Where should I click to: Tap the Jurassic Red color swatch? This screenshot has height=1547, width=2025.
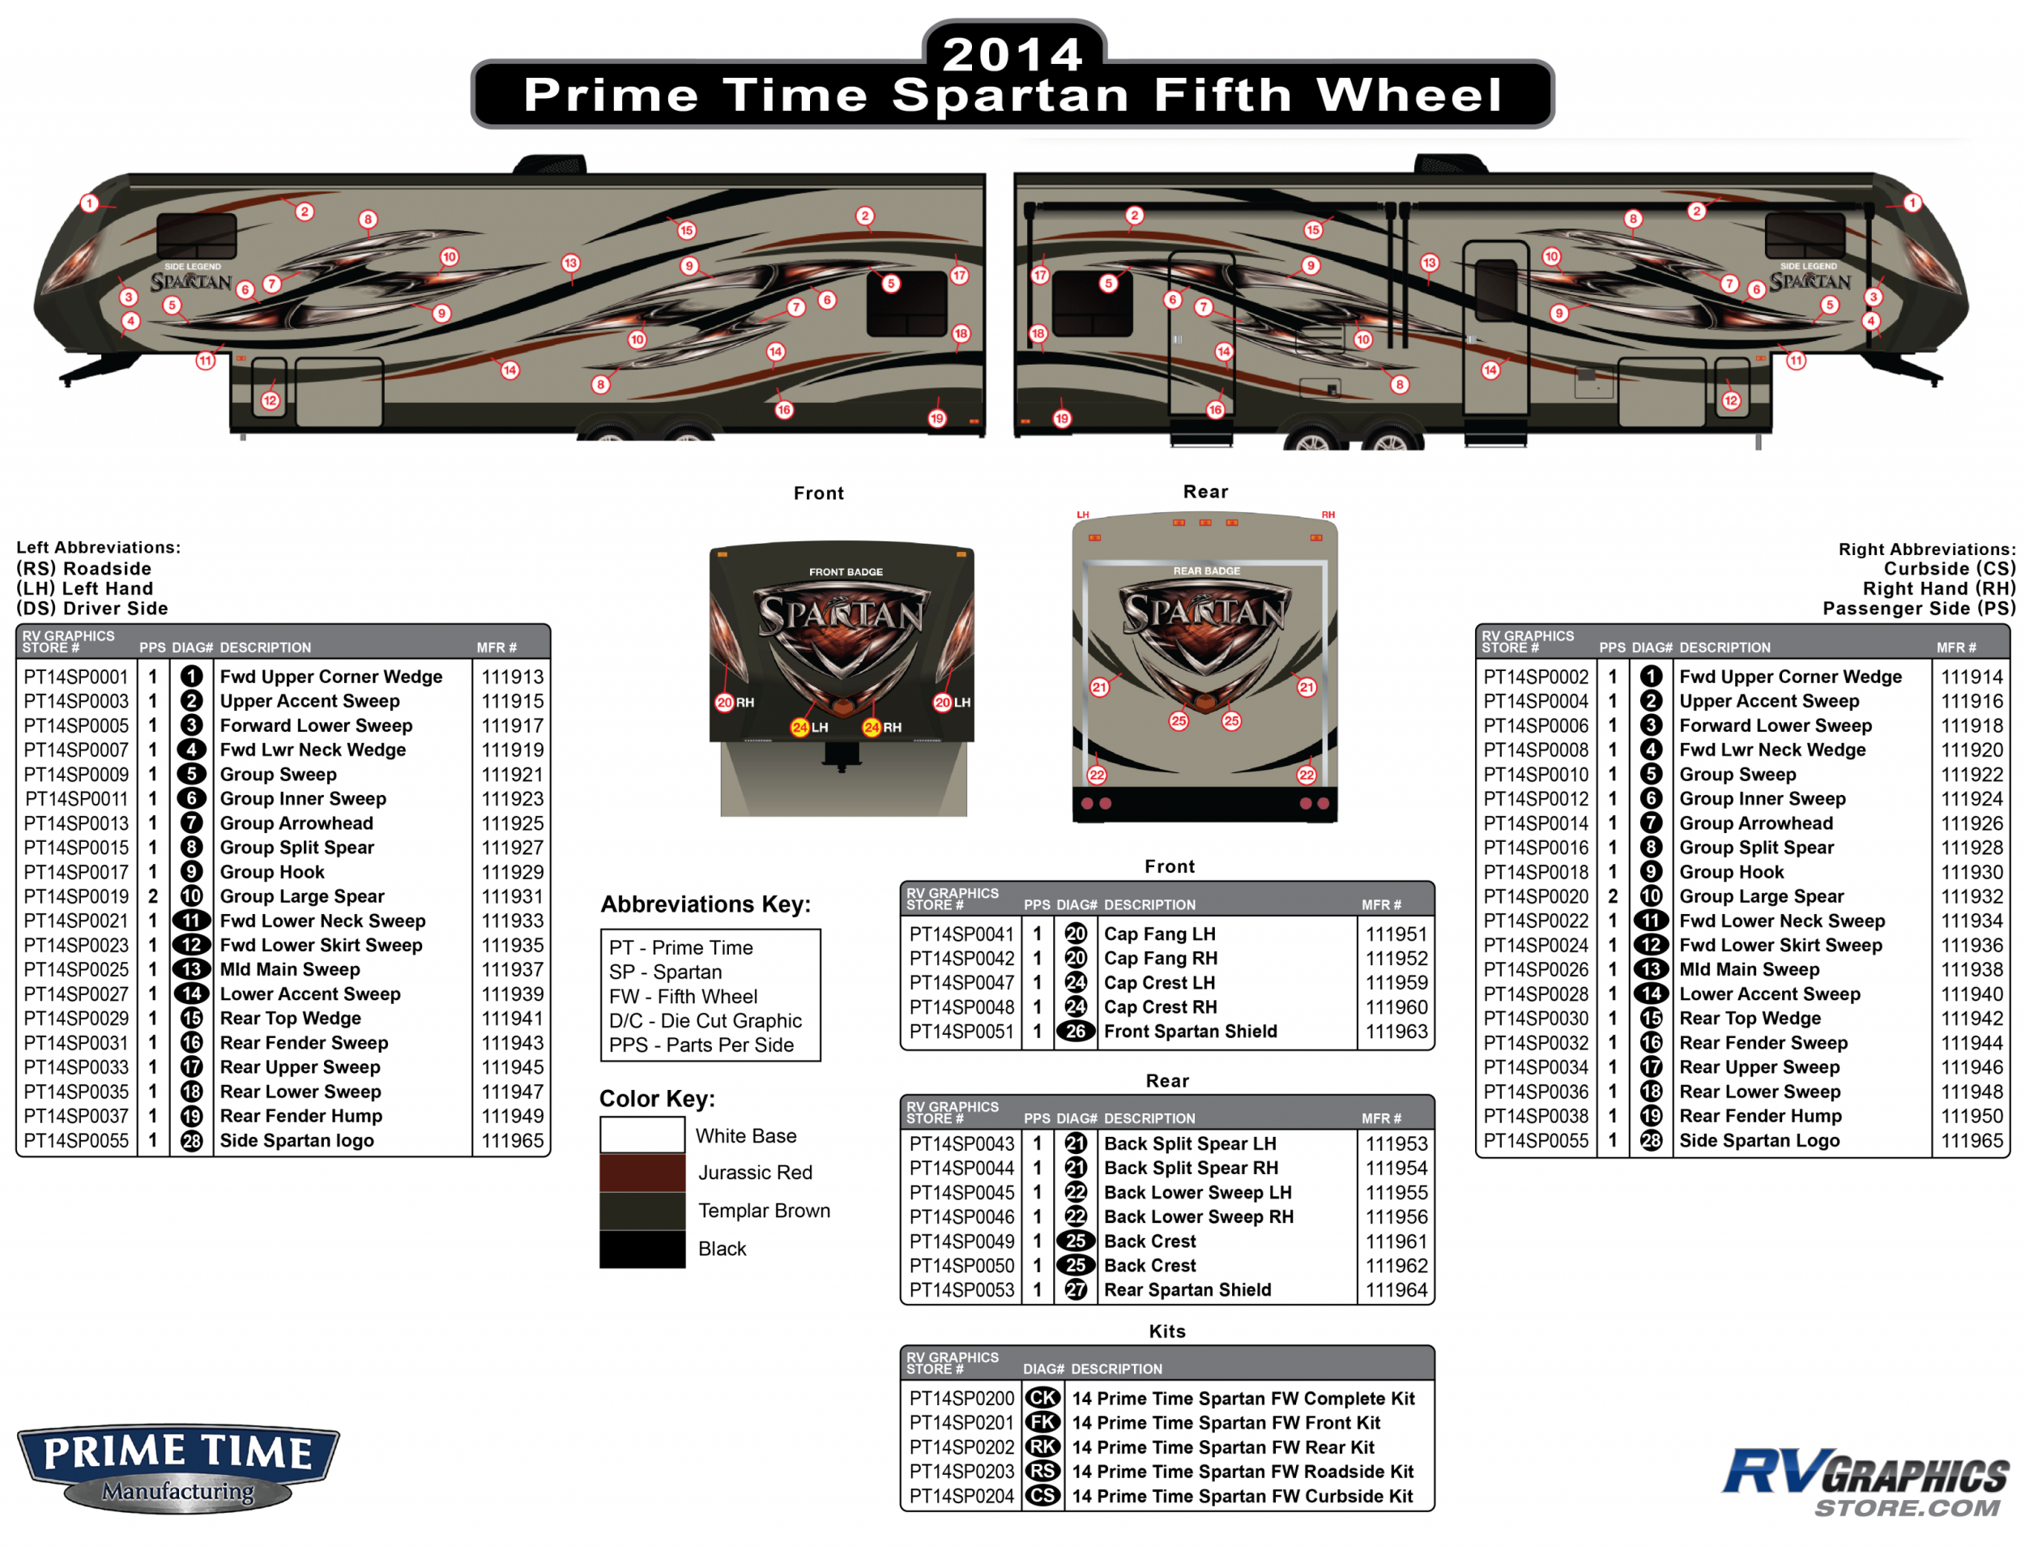(642, 1173)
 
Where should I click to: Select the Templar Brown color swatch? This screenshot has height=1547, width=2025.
(642, 1211)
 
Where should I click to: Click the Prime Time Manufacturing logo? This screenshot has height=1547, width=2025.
(177, 1468)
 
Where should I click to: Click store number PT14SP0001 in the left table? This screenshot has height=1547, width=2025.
(76, 677)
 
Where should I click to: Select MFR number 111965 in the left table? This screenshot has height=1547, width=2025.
(512, 1140)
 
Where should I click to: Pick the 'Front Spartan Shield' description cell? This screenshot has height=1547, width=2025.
(1189, 1032)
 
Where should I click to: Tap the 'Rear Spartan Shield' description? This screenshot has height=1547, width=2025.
(1187, 1290)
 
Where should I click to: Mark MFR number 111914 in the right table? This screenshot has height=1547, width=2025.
(1972, 677)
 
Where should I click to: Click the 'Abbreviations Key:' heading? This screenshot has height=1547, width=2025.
(705, 904)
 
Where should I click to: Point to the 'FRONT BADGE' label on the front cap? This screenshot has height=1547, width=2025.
(845, 572)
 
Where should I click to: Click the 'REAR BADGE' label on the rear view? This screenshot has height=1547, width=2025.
(1206, 571)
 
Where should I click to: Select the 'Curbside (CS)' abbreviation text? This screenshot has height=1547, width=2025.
(1949, 569)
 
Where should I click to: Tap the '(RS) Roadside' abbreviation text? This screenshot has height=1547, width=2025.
(83, 569)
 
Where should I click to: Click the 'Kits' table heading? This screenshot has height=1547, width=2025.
(1166, 1331)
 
